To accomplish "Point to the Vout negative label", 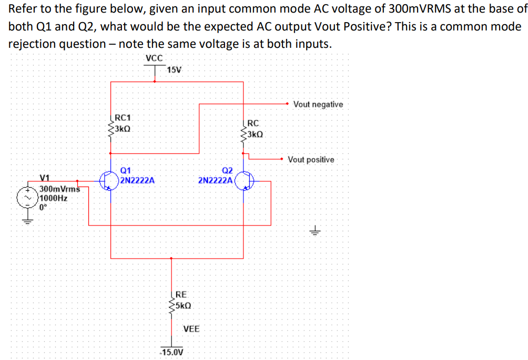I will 318,104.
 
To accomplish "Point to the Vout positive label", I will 311,159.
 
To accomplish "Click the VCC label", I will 154,58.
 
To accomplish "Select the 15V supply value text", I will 174,70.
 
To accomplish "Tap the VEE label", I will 191,329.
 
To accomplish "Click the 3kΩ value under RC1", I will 123,128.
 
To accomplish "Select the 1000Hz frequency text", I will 54,198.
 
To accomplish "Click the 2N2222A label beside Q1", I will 137,180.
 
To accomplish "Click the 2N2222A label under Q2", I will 215,180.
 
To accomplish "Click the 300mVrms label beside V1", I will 59,189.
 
